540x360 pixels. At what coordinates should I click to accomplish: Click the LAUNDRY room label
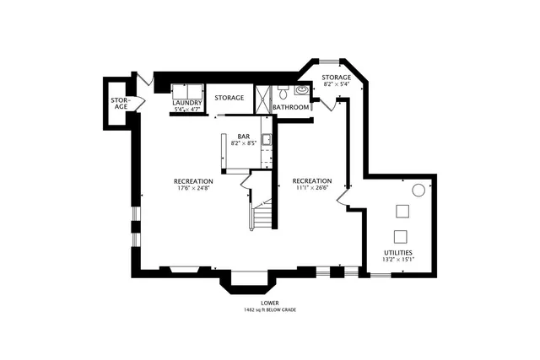tap(188, 103)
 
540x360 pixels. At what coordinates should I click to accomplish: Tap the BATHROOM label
tap(290, 107)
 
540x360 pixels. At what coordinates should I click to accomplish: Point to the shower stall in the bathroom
tap(263, 97)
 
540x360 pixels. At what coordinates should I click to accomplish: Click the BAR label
tap(243, 136)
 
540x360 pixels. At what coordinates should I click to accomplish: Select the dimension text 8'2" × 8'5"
tap(243, 143)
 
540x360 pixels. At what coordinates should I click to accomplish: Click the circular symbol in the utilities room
tap(417, 191)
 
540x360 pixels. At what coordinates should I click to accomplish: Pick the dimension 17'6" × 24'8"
tap(193, 188)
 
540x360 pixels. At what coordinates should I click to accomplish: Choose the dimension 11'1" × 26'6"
tap(312, 188)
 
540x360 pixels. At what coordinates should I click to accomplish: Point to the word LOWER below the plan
tap(270, 303)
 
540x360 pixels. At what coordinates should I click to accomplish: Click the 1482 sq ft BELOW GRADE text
tap(270, 309)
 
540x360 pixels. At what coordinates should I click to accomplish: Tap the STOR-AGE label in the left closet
tap(120, 103)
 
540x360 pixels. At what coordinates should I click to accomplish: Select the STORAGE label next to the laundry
tap(229, 98)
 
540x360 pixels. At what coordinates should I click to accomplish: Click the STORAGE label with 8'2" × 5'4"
tap(337, 81)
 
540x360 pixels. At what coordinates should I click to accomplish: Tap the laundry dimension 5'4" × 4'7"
tap(188, 110)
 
